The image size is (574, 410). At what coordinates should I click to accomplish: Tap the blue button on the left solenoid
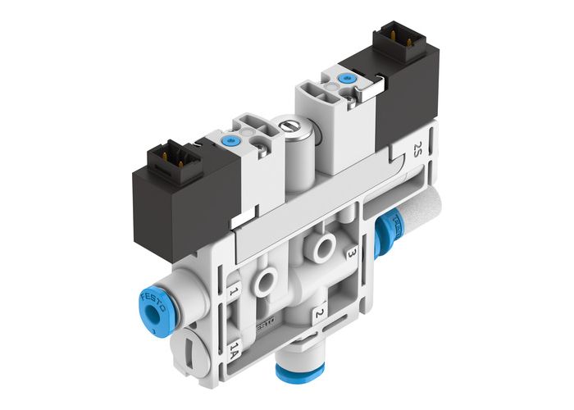pyautogui.click(x=226, y=141)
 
